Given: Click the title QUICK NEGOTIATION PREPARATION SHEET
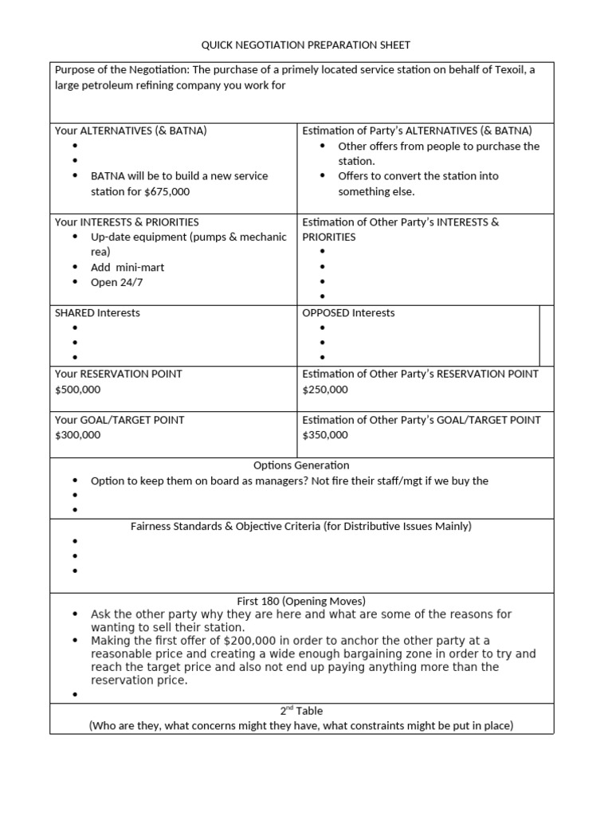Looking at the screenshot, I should [305, 45].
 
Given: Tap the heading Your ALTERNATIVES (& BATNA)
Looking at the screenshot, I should [131, 131].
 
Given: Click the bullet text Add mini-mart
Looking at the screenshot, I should [127, 268].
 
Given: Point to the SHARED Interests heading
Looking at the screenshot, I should [97, 313].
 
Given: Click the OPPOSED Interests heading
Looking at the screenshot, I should [348, 313].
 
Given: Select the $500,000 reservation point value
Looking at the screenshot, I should [78, 390].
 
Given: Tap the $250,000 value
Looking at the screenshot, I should [325, 390].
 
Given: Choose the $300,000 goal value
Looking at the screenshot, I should [78, 435].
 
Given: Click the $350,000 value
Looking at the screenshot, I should [325, 435].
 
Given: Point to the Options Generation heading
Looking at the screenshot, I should [301, 465].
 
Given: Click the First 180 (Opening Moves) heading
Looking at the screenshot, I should [301, 601].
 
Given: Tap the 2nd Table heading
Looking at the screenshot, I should [301, 711].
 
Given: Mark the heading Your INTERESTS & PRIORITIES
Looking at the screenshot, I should [127, 222].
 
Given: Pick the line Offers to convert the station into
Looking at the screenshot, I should [418, 176].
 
